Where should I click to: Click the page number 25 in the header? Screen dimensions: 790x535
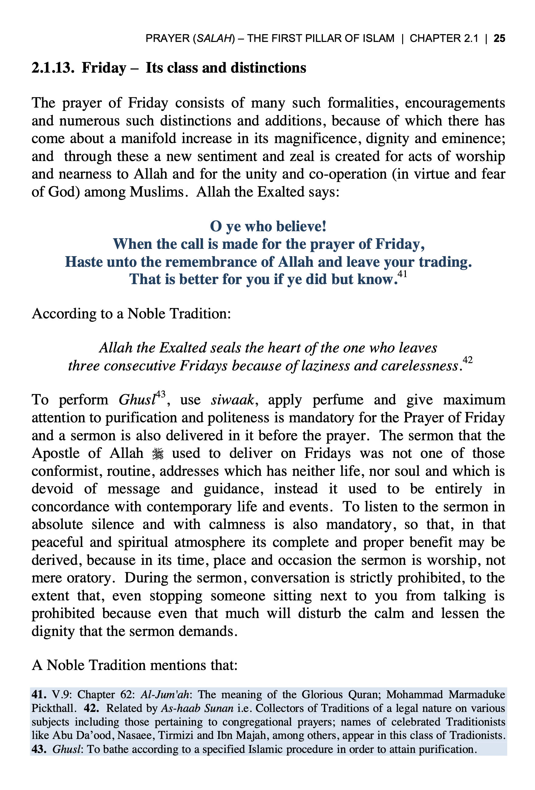[x=499, y=38]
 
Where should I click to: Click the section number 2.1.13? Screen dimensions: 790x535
[x=53, y=68]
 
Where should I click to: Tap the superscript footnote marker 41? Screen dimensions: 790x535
[x=402, y=274]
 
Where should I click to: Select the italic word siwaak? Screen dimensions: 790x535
[x=232, y=400]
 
